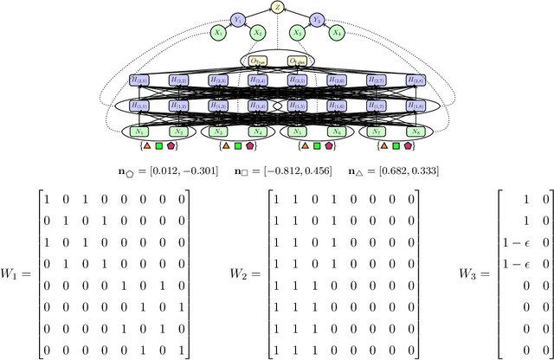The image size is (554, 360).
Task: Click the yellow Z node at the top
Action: pyautogui.click(x=277, y=7)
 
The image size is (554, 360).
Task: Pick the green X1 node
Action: pyautogui.click(x=218, y=33)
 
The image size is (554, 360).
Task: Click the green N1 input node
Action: pyautogui.click(x=138, y=132)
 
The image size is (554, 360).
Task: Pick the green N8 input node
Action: pyautogui.click(x=415, y=132)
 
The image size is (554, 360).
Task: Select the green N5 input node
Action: pyautogui.click(x=296, y=132)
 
